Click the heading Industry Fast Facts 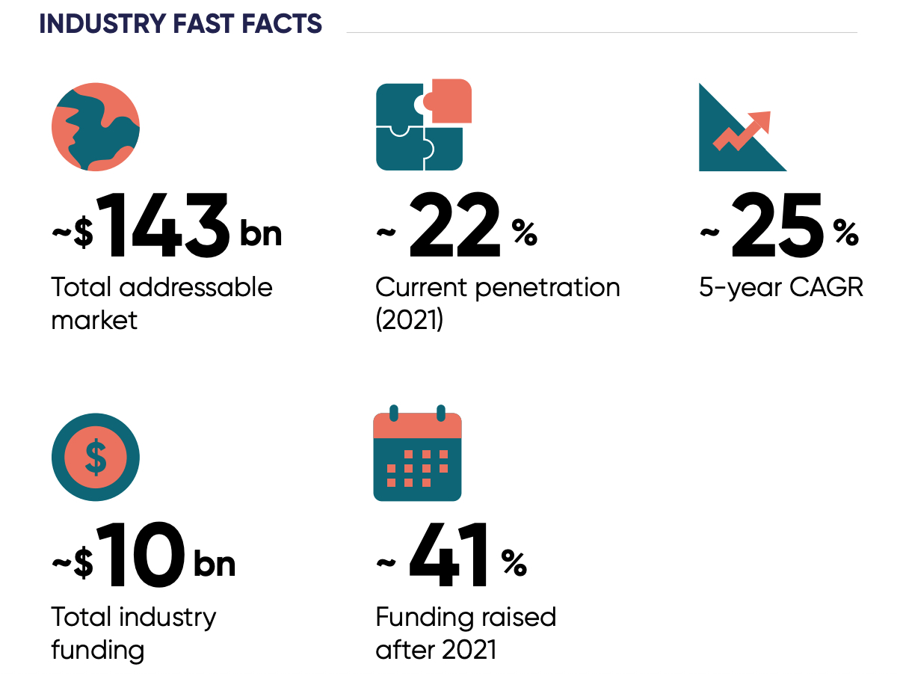tap(180, 23)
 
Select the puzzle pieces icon tap(422, 125)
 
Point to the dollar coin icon tap(95, 457)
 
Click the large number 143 tap(164, 225)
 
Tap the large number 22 tap(454, 225)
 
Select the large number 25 tap(777, 225)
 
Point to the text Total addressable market tap(161, 304)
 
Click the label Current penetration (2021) tap(497, 304)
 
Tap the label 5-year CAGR tap(781, 288)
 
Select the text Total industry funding tap(133, 633)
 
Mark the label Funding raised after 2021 tap(466, 633)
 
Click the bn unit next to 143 tap(260, 233)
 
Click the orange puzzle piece tap(450, 101)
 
